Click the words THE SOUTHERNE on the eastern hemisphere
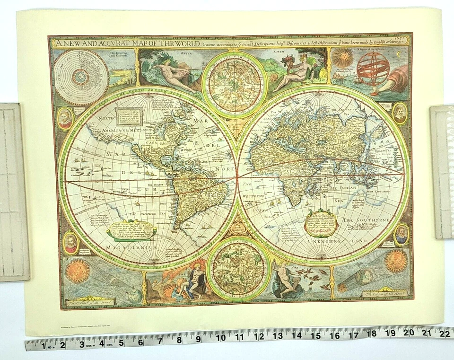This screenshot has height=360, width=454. point(366,220)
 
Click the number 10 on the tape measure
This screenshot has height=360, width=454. point(221,338)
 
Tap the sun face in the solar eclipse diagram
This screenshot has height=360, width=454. point(77,270)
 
